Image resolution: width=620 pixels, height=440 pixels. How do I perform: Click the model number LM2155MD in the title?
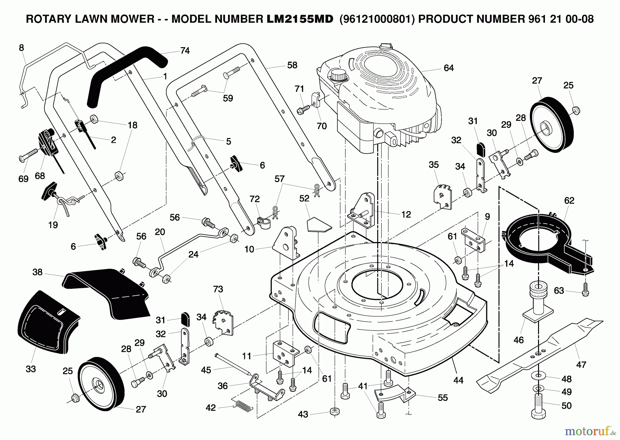(300, 19)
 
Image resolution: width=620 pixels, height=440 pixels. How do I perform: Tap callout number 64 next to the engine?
(448, 68)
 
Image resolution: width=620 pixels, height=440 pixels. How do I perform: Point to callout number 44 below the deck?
(458, 380)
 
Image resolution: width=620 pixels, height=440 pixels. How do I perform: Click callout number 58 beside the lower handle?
(292, 65)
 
